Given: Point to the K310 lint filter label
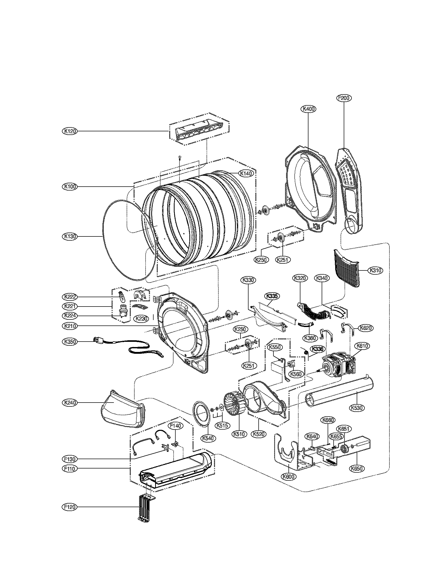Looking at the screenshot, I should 375,271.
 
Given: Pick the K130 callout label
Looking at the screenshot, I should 70,236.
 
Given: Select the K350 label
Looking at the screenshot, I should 70,342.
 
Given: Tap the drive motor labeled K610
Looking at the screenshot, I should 337,366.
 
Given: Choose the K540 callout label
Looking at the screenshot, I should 208,438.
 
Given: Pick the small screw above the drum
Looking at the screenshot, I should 180,157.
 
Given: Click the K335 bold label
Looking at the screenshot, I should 272,296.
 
